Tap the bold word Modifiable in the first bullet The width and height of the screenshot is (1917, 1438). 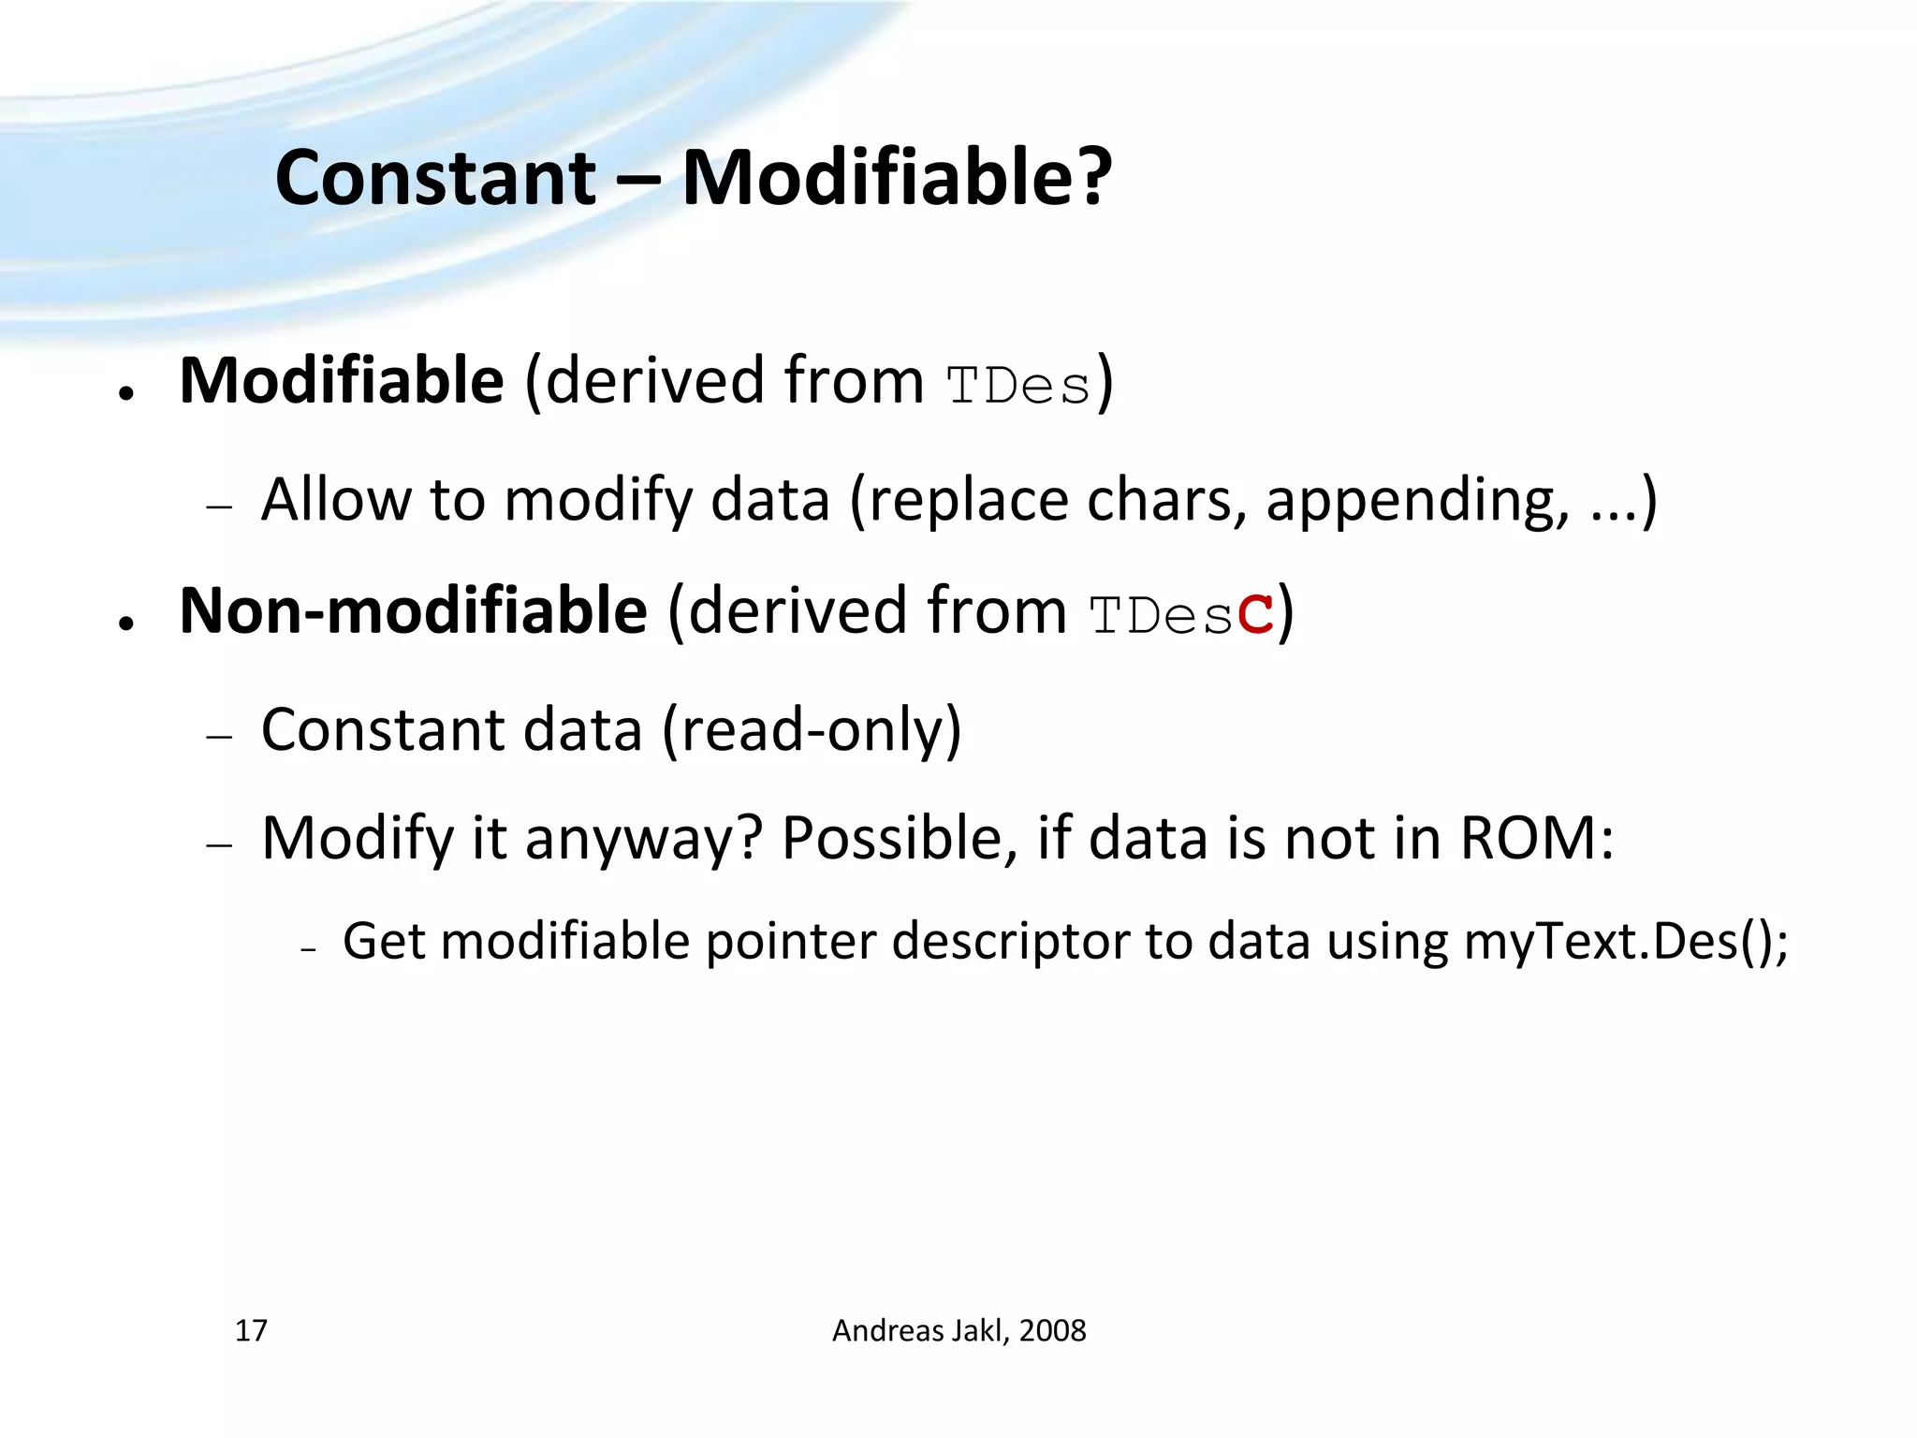tap(342, 381)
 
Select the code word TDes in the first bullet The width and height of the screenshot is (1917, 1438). tap(1018, 386)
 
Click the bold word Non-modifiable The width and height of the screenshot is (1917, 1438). tap(413, 610)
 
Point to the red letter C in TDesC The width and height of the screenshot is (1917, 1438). tap(1254, 615)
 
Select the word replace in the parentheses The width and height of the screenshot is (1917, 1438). tap(968, 500)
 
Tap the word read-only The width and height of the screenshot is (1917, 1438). tap(811, 729)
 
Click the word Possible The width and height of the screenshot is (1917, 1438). tap(899, 838)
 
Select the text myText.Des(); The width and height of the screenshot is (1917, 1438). tap(1626, 941)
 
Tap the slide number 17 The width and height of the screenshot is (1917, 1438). tap(251, 1330)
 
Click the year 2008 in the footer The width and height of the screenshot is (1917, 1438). tap(1052, 1330)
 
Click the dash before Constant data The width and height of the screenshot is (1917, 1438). tap(220, 737)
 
